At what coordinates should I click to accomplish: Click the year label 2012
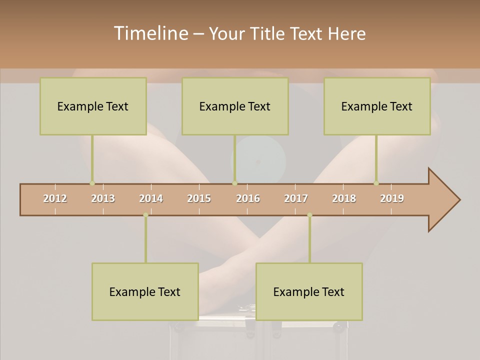click(55, 198)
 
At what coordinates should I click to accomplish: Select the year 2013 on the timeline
click(103, 198)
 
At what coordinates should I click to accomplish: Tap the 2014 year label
click(151, 198)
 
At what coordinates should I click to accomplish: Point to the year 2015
click(199, 198)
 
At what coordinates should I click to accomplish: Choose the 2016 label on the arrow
click(248, 198)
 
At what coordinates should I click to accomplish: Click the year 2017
click(296, 198)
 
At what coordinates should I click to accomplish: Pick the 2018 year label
click(344, 198)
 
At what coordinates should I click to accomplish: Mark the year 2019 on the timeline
click(392, 198)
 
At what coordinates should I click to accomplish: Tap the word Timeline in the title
click(150, 33)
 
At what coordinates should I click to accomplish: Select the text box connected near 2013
click(93, 106)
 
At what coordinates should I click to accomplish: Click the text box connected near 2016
click(235, 106)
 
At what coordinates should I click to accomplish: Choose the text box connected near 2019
click(377, 106)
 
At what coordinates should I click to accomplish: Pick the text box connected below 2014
click(145, 291)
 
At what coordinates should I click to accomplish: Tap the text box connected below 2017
click(309, 291)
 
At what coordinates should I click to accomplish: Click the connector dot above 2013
click(92, 183)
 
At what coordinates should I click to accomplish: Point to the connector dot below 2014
click(145, 215)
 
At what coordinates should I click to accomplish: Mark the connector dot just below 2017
click(309, 215)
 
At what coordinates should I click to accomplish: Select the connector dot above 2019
click(376, 183)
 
